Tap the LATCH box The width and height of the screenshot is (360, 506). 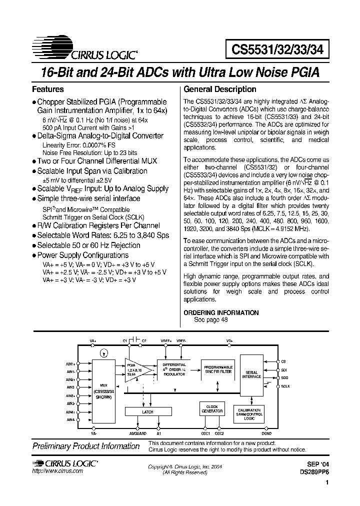pyautogui.click(x=148, y=412)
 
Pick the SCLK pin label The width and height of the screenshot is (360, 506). pyautogui.click(x=284, y=385)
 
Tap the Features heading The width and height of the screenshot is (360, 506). pyautogui.click(x=47, y=89)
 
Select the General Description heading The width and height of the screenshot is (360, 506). pyautogui.click(x=220, y=89)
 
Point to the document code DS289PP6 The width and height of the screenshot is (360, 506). pyautogui.click(x=314, y=471)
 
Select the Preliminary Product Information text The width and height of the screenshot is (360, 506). pyautogui.click(x=85, y=446)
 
